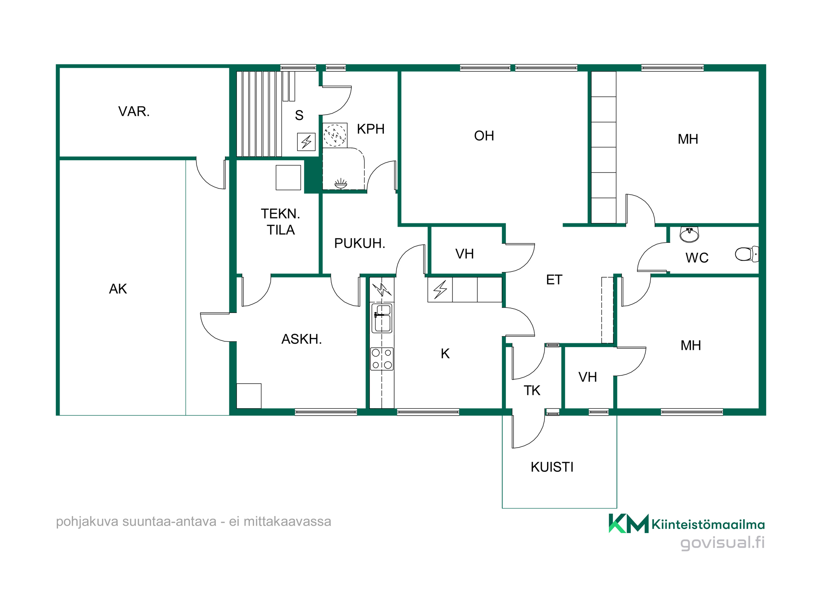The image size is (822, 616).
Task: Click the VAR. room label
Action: click(134, 111)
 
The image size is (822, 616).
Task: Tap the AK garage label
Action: click(118, 289)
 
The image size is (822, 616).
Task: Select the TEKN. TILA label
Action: click(281, 222)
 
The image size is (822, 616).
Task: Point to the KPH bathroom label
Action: click(371, 129)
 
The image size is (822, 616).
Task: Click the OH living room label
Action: click(484, 136)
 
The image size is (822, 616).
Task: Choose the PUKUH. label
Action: click(360, 243)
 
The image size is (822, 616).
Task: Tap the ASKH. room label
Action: click(302, 339)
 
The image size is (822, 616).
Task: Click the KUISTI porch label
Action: click(552, 467)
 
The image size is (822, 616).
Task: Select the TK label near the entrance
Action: click(532, 390)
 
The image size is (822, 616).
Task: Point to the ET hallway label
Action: click(554, 280)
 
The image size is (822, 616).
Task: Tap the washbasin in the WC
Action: click(689, 234)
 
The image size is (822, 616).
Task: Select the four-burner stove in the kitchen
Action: click(382, 359)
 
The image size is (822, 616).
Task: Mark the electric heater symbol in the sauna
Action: click(306, 142)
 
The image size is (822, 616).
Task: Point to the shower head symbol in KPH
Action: click(341, 184)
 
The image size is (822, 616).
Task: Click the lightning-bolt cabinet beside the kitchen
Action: click(440, 290)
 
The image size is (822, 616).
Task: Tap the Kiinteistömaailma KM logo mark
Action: click(628, 523)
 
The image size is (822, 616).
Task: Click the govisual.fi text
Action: click(722, 542)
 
